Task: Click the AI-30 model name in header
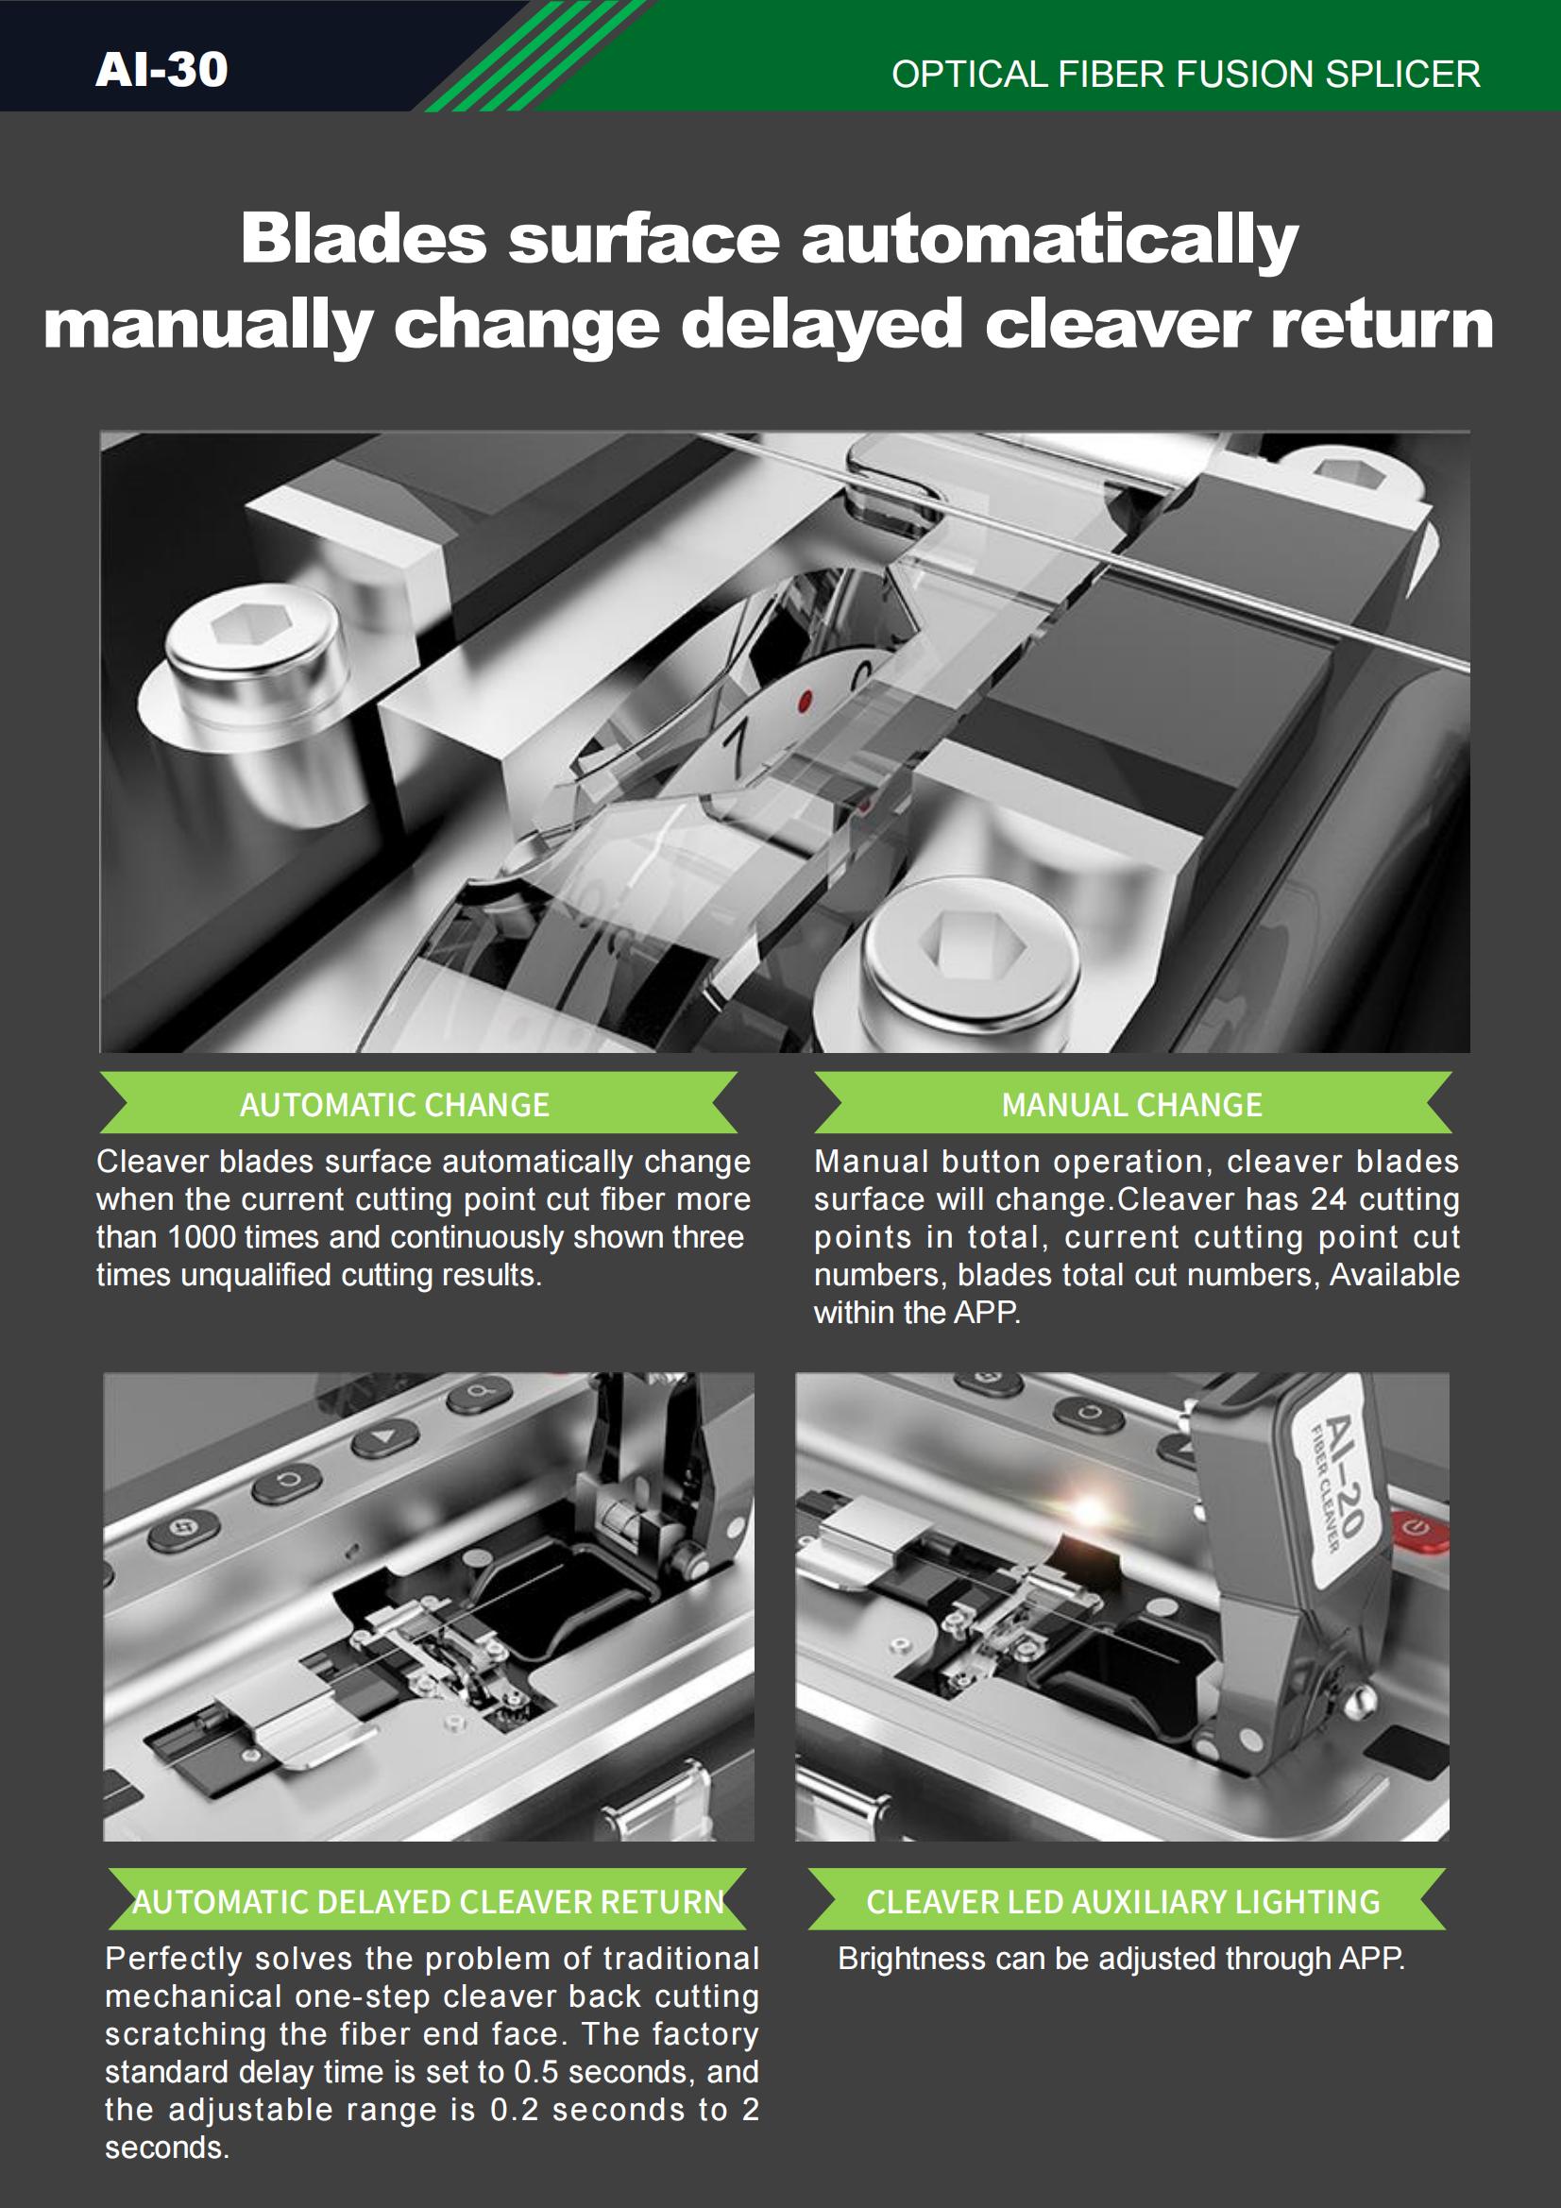(161, 70)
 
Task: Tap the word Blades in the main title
(364, 238)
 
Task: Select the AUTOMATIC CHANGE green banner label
(395, 1104)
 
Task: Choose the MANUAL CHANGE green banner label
(1132, 1104)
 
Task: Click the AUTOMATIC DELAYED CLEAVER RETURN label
(428, 1901)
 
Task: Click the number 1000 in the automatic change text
(209, 1237)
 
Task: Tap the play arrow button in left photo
(385, 1437)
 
